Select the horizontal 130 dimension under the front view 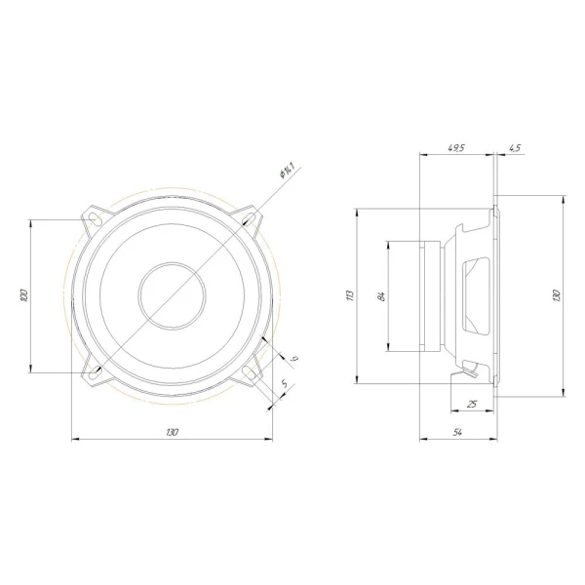point(172,431)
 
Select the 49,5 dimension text point(455,147)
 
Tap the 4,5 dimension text point(514,147)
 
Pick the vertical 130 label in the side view point(557,294)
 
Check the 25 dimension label point(472,403)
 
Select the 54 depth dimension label point(456,431)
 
